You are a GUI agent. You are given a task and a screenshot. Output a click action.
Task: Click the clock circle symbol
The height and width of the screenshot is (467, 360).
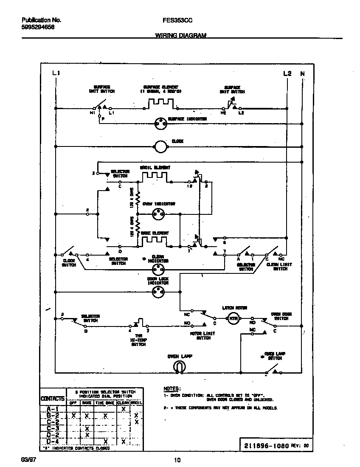pos(160,146)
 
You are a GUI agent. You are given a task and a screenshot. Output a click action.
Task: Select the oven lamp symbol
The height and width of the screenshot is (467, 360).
pos(178,368)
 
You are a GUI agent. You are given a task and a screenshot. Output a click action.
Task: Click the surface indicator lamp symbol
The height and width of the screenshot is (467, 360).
pos(160,124)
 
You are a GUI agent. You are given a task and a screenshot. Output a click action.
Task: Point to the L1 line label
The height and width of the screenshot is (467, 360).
pos(56,73)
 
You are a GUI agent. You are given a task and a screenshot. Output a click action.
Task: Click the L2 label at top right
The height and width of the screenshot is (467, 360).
pos(287,73)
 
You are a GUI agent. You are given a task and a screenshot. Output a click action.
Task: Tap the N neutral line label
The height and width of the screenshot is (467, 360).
pos(302,73)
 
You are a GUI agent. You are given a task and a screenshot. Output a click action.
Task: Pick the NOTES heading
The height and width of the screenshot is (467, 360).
pos(172,388)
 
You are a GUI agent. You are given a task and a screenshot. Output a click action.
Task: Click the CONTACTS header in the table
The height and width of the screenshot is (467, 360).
pos(53,399)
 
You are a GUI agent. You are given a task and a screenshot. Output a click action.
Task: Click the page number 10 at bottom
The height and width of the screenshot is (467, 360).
pos(178,460)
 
